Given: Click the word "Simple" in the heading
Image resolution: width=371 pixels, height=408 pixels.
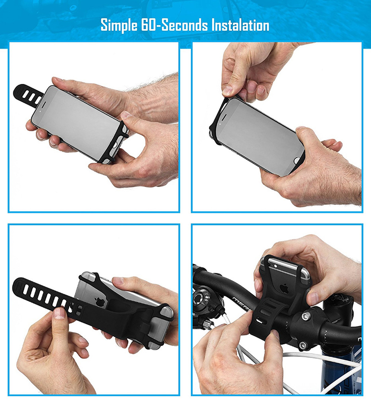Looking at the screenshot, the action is [119, 26].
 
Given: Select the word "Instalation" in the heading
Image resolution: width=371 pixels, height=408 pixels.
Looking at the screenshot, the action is [240, 25].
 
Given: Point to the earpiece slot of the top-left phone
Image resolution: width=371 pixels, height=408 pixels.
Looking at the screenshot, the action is [43, 104].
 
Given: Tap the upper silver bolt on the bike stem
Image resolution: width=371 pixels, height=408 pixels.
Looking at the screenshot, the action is [305, 316].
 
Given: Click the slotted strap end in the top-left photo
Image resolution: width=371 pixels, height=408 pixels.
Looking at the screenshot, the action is [27, 95].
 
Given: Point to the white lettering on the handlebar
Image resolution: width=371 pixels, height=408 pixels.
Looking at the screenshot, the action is [240, 303].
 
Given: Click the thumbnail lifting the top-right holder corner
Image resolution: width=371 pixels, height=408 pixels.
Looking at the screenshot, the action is [227, 90].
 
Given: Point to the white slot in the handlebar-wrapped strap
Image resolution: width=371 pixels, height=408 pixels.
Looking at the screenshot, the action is [260, 321].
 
